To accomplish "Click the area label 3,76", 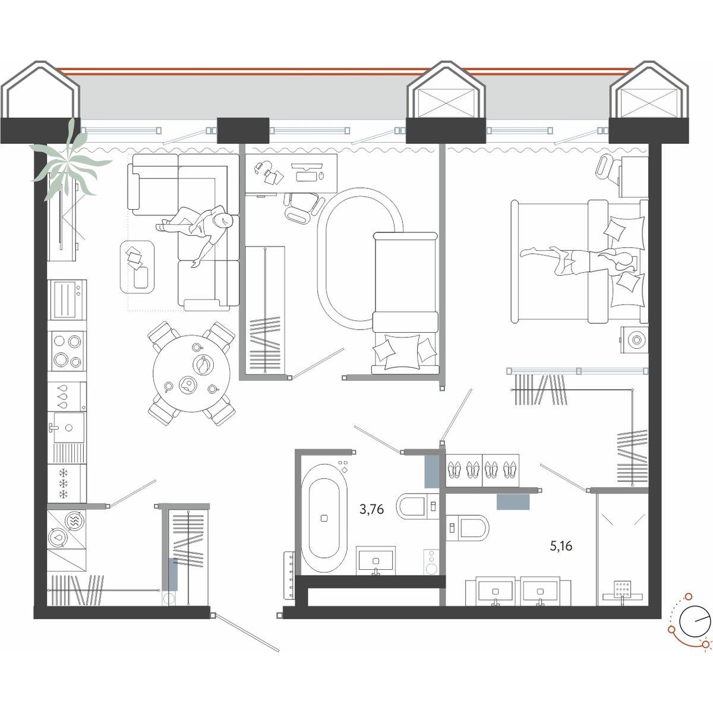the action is coord(371,510).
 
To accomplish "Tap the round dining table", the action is coord(191,373).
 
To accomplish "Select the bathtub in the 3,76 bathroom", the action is coord(324,519).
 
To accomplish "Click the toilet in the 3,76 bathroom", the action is coord(417,506).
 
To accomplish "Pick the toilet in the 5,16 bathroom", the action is coord(468,527).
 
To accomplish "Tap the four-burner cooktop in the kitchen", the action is coord(67,350).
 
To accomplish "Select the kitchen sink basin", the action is coord(69,427).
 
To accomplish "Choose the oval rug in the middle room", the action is coord(359,258).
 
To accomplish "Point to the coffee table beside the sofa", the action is coord(137,267).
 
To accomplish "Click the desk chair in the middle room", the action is coord(302,209).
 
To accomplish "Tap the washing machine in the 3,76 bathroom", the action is coord(431,561).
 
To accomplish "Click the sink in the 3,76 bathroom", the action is coord(376,560).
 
